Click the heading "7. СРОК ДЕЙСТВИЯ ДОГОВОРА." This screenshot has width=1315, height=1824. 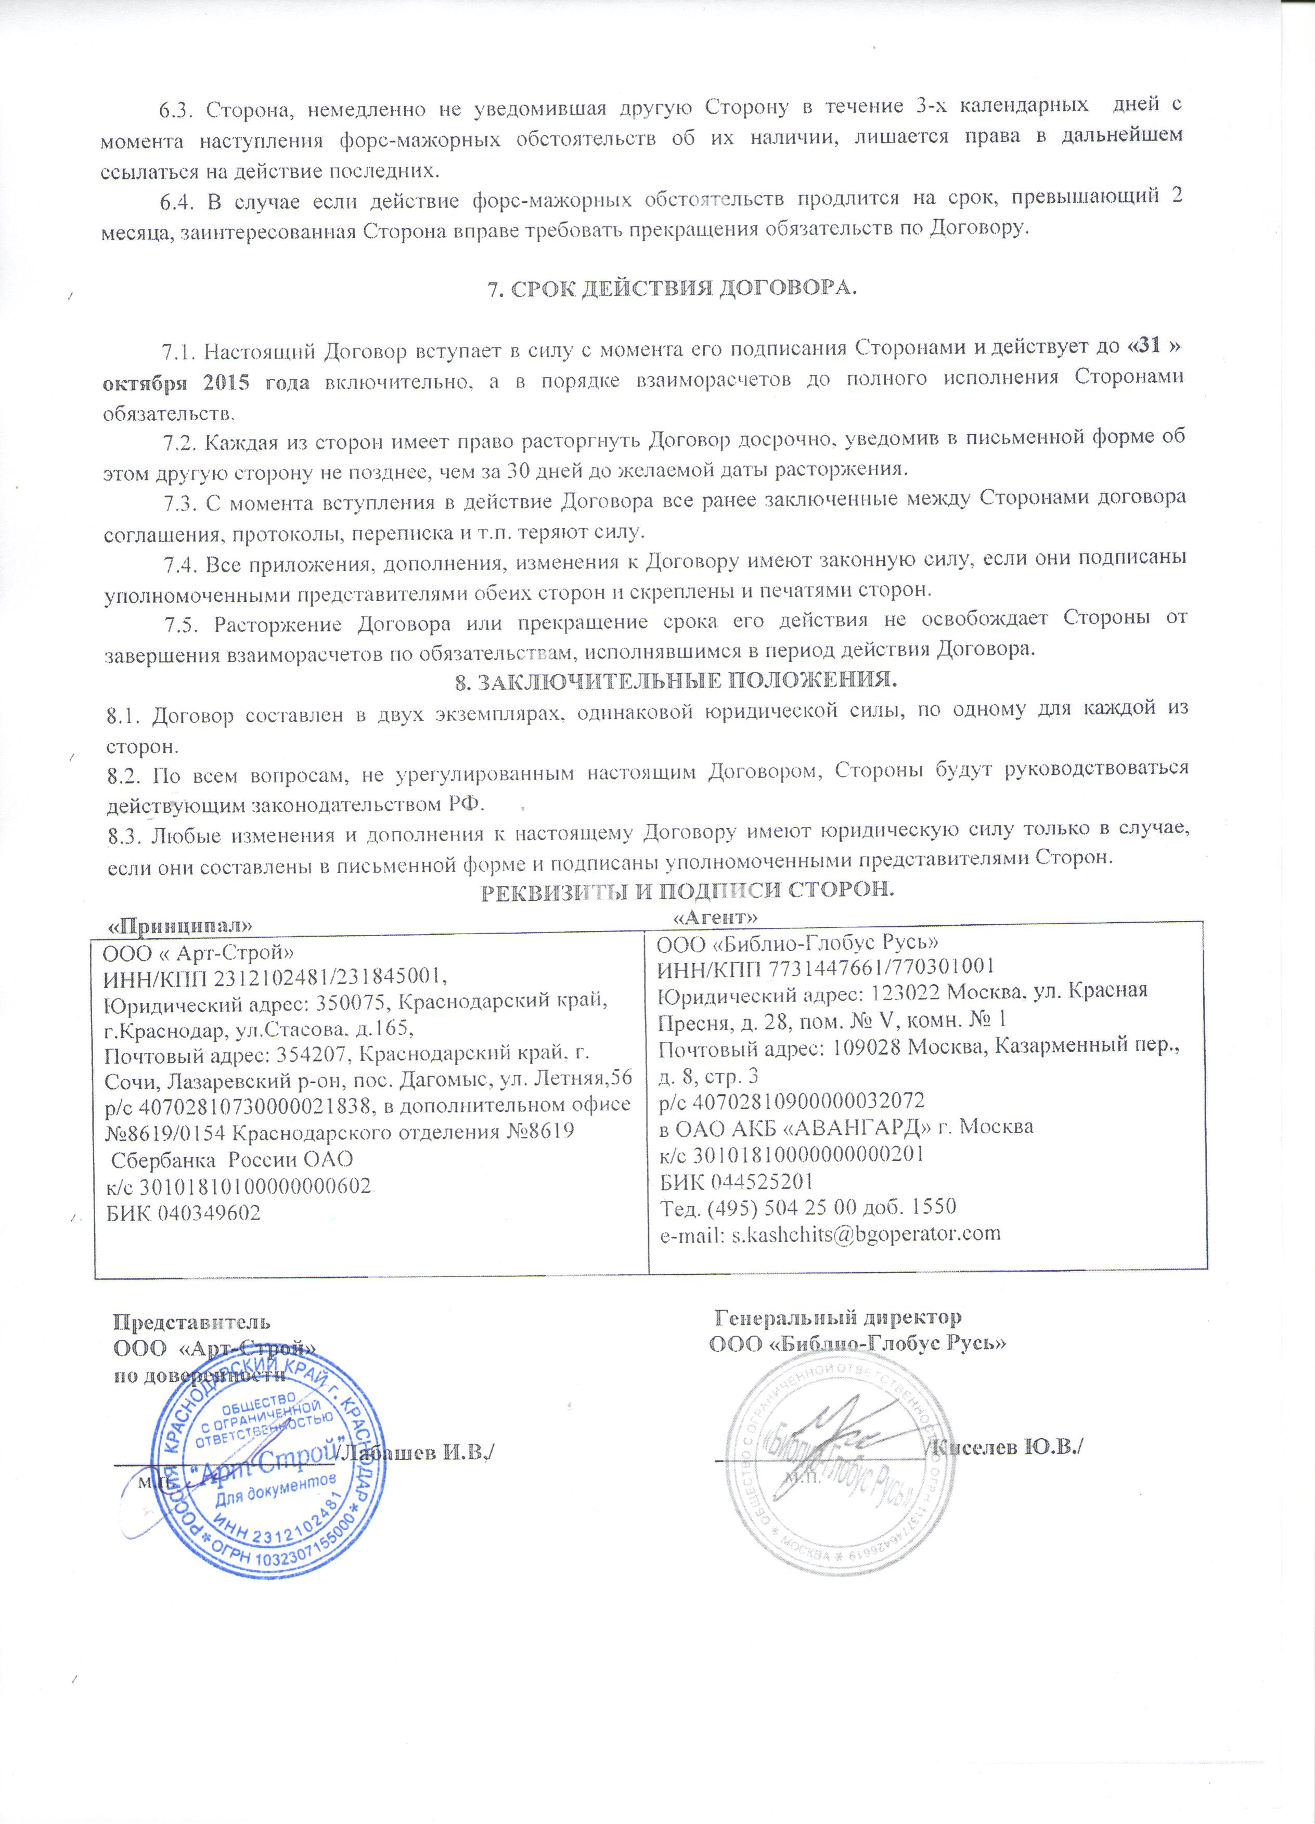[673, 289]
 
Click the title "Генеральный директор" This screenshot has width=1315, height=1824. [838, 1317]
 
